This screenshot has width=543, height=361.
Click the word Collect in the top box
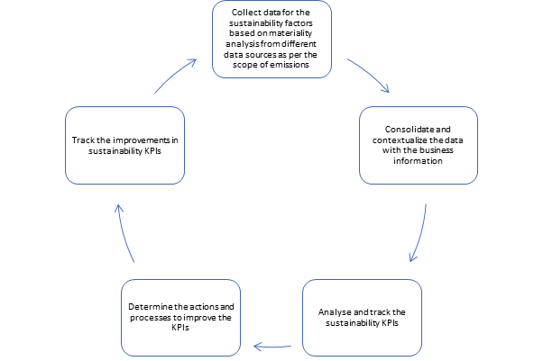244,13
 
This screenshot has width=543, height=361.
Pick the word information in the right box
418,161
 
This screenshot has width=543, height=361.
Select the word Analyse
332,312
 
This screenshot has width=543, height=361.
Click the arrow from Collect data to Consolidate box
370,74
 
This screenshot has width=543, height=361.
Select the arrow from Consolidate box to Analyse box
420,233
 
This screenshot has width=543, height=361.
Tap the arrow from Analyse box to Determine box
272,347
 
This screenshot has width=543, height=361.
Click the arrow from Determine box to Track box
124,232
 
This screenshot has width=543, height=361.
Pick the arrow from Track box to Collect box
174,75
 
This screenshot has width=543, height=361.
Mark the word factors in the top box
301,23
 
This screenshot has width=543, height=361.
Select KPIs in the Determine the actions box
180,328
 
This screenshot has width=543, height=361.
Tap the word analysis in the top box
243,44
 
